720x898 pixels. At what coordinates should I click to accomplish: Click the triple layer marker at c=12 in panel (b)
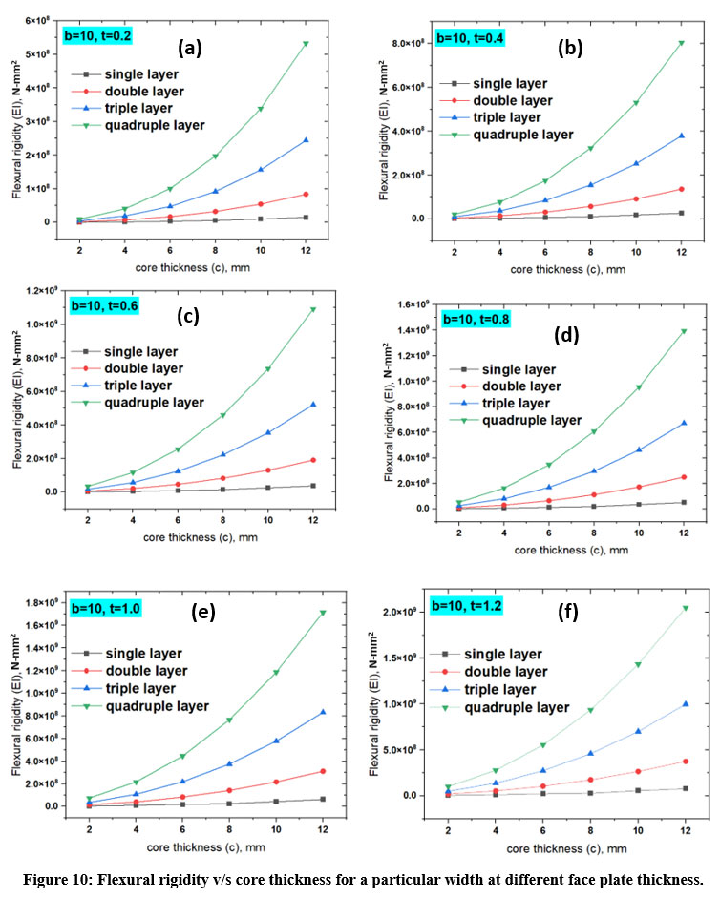681,136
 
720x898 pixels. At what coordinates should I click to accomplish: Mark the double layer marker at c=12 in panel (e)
324,771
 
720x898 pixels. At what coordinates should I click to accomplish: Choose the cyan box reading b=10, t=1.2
467,604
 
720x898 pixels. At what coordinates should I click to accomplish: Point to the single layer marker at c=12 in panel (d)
682,502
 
